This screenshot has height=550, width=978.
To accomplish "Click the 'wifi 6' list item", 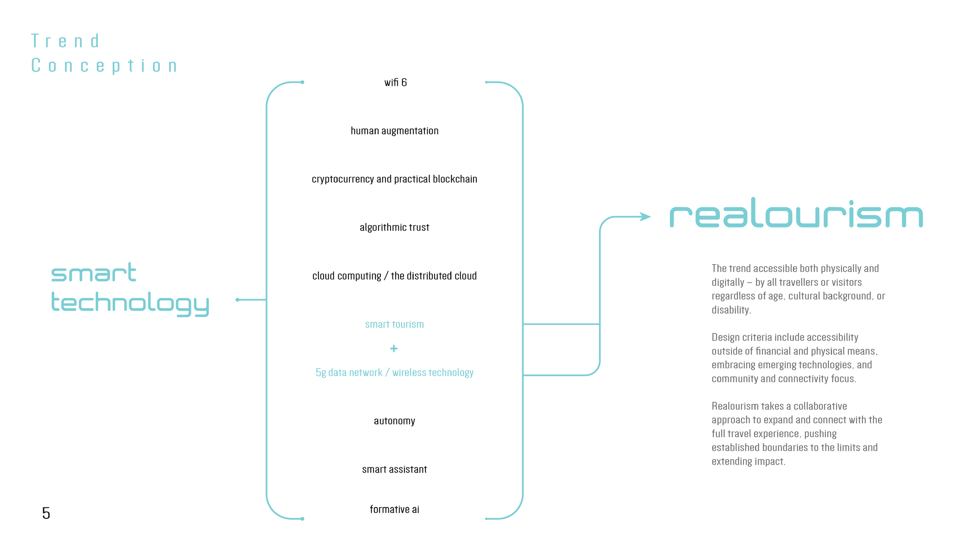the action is coord(395,83).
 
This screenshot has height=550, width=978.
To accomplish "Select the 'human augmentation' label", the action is coord(394,131).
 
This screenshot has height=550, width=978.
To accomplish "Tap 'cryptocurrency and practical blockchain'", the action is coord(394,179).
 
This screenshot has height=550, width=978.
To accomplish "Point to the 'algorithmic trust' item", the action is coord(394,228).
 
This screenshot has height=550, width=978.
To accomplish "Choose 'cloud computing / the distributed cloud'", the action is coord(394,276).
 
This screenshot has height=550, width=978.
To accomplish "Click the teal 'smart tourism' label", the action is coord(394,324).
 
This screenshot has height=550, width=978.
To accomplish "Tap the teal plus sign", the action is coord(394,349).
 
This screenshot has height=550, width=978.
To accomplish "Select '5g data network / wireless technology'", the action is coord(394,372).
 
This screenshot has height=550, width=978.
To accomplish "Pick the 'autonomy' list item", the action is coord(394,421).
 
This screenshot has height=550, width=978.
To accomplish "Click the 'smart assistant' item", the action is coord(394,469).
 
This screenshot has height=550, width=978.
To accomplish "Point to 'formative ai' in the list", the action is coord(394,509).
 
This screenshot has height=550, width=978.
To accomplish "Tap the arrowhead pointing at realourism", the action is coord(646,217).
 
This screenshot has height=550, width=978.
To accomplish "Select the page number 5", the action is coord(46,513).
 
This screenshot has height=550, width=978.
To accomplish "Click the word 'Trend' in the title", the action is coord(65,41).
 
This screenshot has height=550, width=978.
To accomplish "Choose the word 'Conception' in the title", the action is coord(104,66).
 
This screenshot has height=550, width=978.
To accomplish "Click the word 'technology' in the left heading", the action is coord(130,304).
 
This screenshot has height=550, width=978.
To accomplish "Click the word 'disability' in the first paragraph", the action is coord(731,310).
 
